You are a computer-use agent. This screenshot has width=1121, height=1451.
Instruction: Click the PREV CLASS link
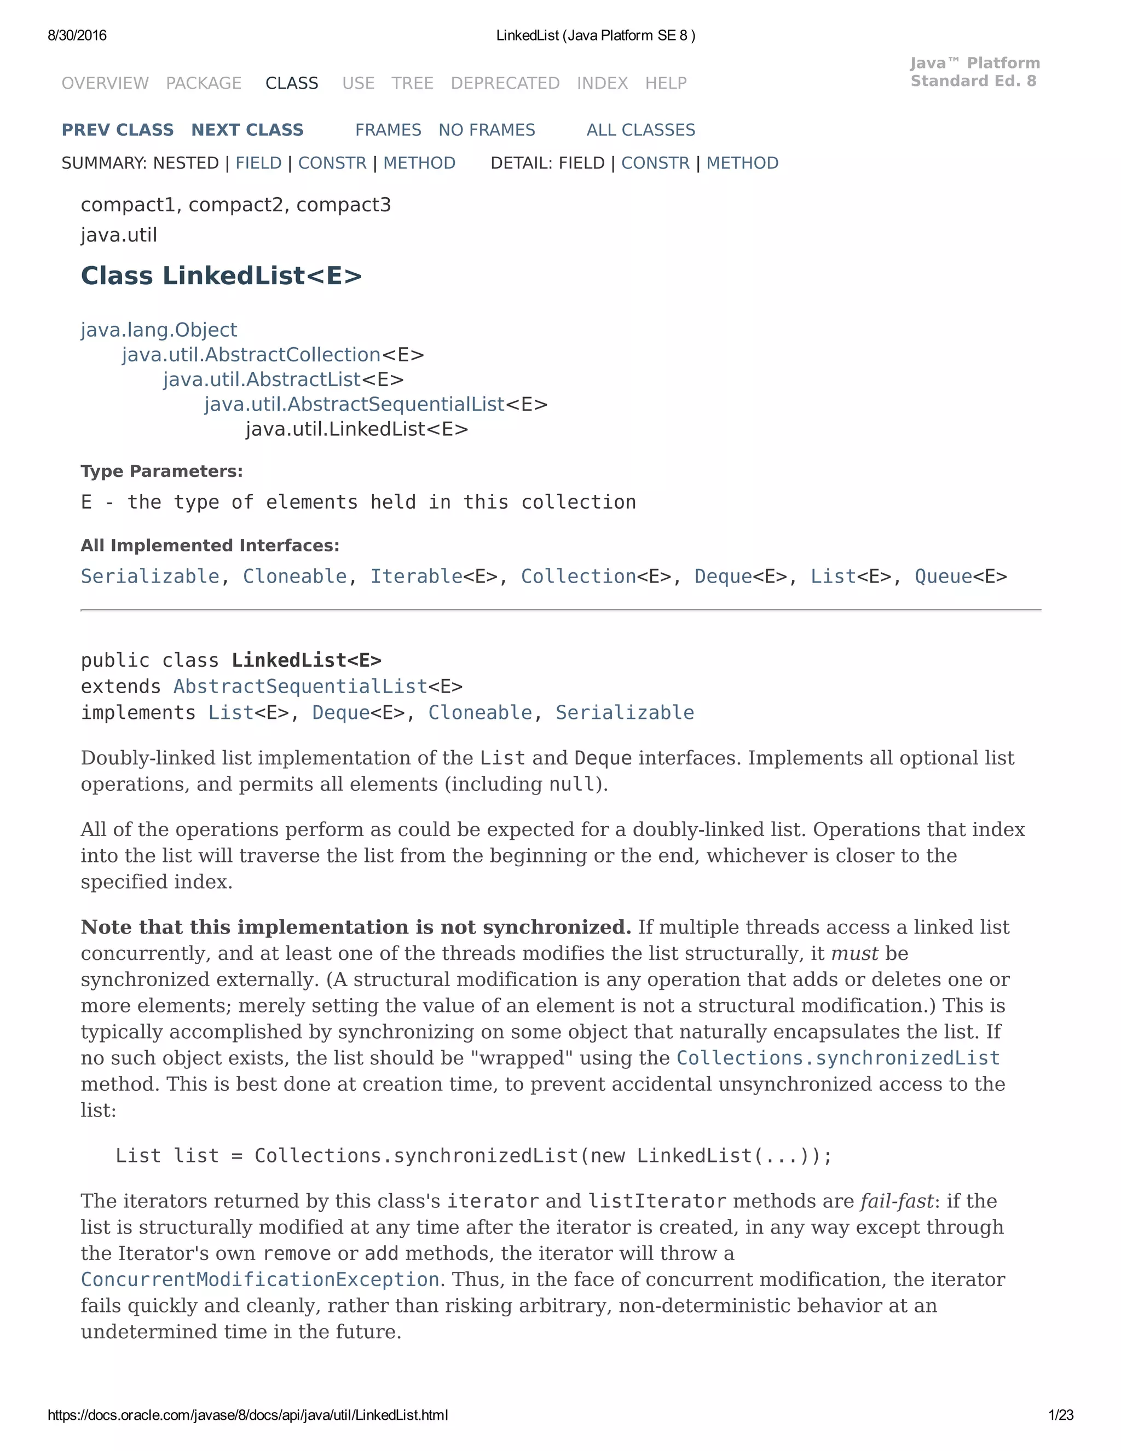(x=118, y=130)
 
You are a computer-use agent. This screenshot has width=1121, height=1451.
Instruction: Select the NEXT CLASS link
(x=247, y=130)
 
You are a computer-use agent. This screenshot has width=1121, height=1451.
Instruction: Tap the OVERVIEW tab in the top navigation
(x=105, y=83)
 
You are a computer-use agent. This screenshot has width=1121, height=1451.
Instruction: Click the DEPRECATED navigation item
(x=505, y=83)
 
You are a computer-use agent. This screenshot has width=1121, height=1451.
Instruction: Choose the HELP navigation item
(x=666, y=83)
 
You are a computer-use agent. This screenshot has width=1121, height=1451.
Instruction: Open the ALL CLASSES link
(x=640, y=130)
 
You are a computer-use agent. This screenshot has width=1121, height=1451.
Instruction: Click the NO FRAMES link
(x=486, y=130)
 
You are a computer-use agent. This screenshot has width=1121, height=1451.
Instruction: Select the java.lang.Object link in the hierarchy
(x=159, y=330)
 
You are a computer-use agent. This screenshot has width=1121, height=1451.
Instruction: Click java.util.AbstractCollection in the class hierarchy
(x=251, y=355)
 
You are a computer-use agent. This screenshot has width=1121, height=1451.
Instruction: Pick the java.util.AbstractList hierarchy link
(x=262, y=379)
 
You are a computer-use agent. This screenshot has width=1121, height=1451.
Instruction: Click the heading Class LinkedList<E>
(x=221, y=276)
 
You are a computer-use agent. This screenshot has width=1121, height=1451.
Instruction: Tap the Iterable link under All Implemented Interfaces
(x=416, y=576)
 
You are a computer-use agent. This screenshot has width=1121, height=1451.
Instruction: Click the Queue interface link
(x=943, y=576)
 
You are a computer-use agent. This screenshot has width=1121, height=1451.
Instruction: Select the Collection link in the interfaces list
(x=578, y=576)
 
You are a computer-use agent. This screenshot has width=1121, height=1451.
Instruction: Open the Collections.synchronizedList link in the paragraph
(x=837, y=1058)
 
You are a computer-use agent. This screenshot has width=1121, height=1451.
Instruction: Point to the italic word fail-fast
(x=897, y=1201)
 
